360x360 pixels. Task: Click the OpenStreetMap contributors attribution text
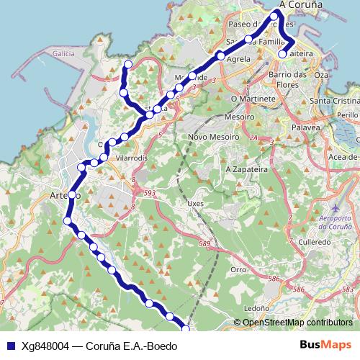click(297, 323)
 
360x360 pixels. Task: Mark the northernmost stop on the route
click(274, 15)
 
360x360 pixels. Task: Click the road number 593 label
click(149, 193)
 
